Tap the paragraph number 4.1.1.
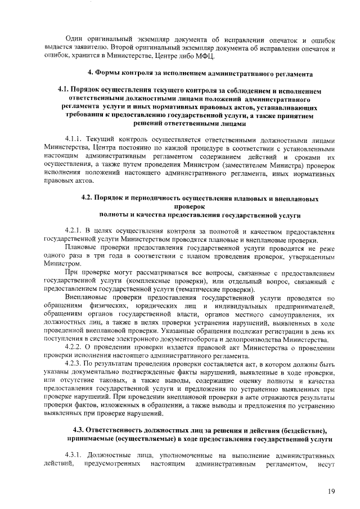(x=75, y=141)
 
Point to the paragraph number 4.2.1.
(x=75, y=231)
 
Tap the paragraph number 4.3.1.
(x=75, y=454)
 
